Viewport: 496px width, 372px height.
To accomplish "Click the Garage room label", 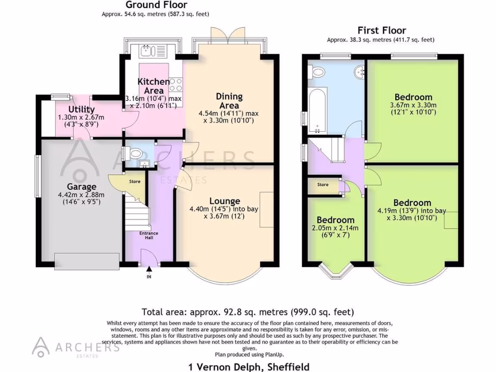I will pos(81,186).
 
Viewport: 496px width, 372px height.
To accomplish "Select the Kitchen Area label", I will pos(154,86).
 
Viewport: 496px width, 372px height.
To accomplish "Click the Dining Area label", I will pos(229,101).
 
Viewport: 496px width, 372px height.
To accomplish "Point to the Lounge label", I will pos(225,201).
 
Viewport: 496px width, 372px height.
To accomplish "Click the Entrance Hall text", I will pos(149,235).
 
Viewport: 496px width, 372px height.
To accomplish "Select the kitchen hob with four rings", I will pos(176,85).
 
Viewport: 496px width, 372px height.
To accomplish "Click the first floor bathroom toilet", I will pos(318,73).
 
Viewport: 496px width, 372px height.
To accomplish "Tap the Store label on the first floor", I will pos(323,185).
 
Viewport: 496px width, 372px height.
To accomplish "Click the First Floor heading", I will pos(382,31).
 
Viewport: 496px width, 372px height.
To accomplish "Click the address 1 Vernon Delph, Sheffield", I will pos(248,367).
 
